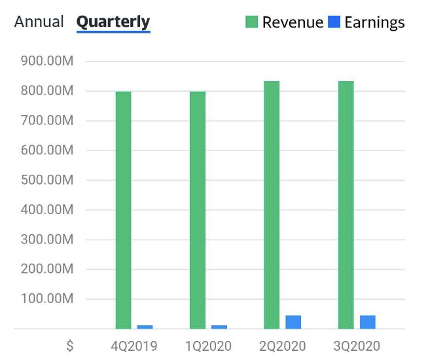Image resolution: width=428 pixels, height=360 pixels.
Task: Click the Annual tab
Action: tap(39, 22)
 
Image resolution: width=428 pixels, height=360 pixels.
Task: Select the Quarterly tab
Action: tap(113, 22)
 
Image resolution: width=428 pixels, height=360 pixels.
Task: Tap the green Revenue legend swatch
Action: tap(252, 22)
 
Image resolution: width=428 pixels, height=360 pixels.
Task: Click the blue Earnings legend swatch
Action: tap(334, 22)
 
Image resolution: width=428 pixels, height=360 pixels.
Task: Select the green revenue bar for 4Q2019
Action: tap(123, 209)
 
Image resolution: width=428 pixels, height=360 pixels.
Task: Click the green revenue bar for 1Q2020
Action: tap(198, 209)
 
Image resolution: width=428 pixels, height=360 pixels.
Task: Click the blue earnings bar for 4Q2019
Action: tap(145, 327)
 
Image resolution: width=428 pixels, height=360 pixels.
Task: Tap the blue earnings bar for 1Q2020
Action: tap(219, 327)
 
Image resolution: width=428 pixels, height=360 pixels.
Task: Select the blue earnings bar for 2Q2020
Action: tap(293, 322)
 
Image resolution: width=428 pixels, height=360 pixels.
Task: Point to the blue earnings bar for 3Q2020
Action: tap(368, 322)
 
